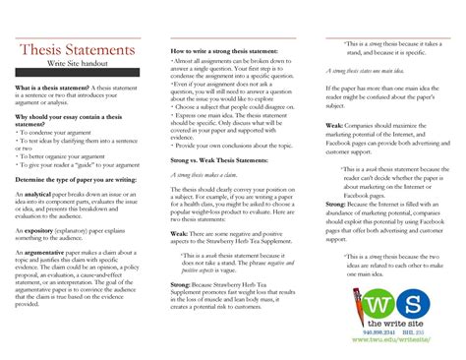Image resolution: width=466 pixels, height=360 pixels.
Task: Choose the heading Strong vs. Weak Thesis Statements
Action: pyautogui.click(x=218, y=159)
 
